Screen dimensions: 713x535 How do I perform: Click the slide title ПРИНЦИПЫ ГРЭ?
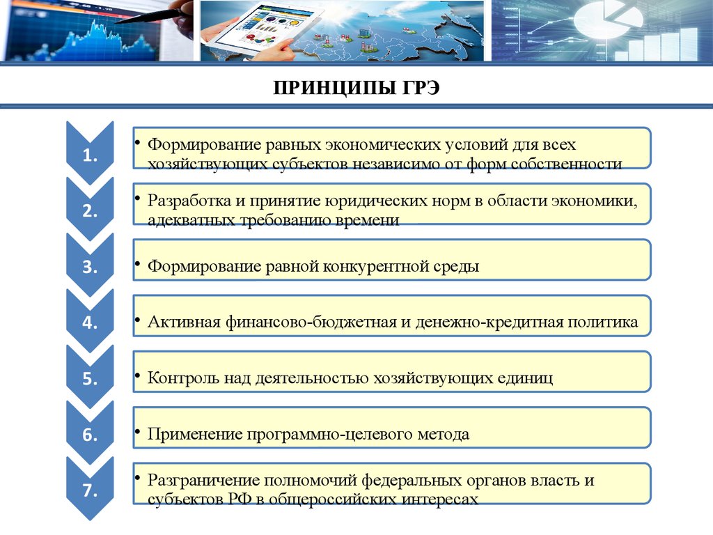pos(356,87)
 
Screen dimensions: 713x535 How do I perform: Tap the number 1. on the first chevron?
pos(90,155)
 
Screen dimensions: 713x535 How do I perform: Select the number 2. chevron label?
pos(90,211)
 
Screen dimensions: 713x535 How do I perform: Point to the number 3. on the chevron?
pos(90,267)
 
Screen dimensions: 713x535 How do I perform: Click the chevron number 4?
pos(90,323)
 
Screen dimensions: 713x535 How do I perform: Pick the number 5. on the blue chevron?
pos(90,379)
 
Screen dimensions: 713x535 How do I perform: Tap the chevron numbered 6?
pos(90,435)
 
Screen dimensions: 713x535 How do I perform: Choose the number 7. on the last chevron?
pos(90,490)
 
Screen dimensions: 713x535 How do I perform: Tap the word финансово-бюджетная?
pos(311,322)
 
